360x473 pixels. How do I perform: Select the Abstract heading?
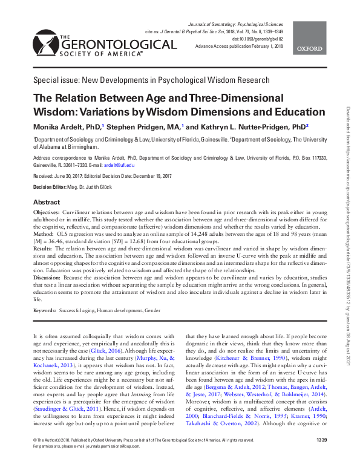pyautogui.click(x=46, y=202)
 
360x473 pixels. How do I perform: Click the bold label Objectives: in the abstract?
pyautogui.click(x=45, y=214)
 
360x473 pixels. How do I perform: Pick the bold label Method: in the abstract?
pyautogui.click(x=43, y=232)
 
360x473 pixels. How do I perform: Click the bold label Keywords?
pyautogui.click(x=45, y=310)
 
